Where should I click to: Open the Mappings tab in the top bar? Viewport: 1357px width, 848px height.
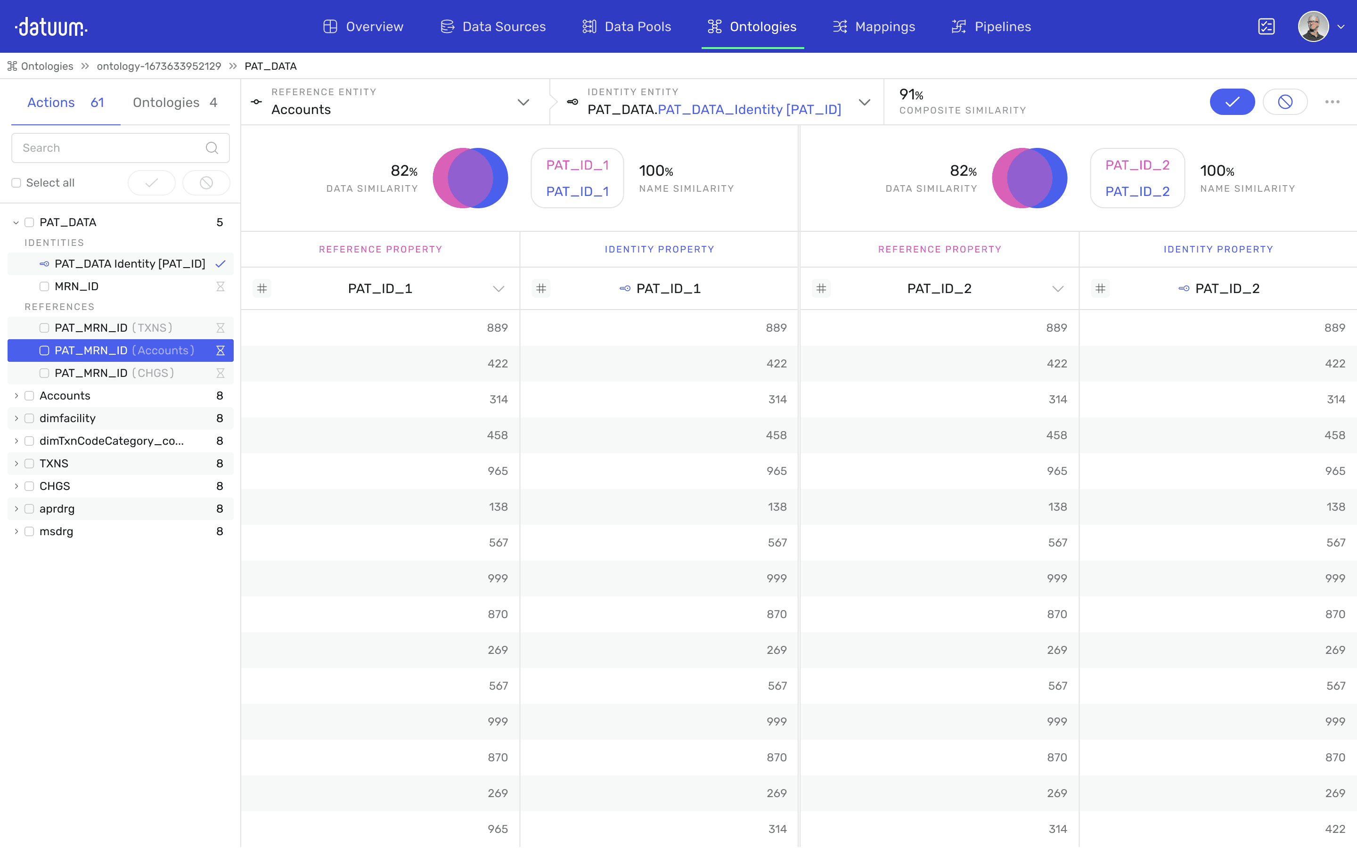[x=874, y=26]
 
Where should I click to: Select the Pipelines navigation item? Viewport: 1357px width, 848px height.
[x=991, y=26]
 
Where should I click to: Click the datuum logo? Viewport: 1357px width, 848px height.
[x=51, y=26]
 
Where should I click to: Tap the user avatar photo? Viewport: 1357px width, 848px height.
[x=1313, y=26]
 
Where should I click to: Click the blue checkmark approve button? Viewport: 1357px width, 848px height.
[x=1232, y=101]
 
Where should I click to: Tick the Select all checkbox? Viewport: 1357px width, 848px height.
[x=16, y=183]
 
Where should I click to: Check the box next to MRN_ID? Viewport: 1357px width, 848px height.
[x=44, y=286]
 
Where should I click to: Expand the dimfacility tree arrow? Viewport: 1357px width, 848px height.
[x=16, y=418]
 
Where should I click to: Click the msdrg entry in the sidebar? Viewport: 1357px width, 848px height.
[x=56, y=531]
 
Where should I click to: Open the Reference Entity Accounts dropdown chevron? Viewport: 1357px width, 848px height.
[x=523, y=102]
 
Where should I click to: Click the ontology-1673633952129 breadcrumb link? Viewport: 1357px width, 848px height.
[x=159, y=66]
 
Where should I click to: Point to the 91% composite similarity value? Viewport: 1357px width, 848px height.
[x=911, y=94]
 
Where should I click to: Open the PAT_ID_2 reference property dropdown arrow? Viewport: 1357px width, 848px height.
[x=1057, y=289]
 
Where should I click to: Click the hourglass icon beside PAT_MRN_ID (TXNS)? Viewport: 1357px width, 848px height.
[x=221, y=327]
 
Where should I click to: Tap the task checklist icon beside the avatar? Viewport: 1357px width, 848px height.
[x=1266, y=26]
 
